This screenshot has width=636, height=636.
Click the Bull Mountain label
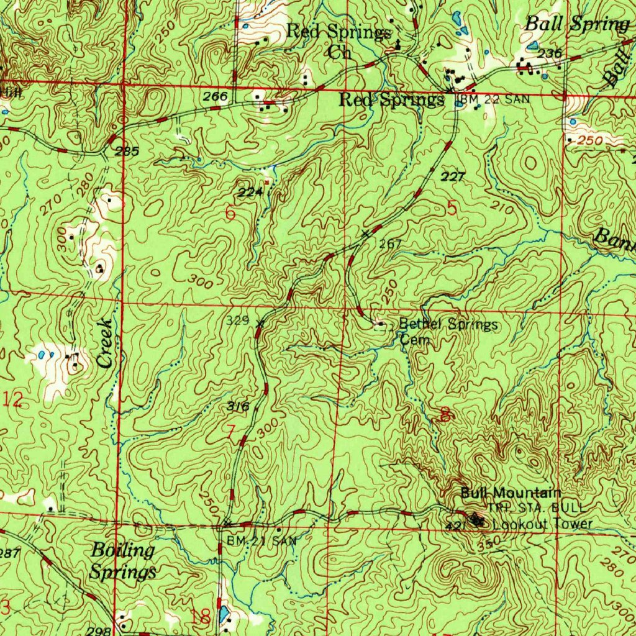pos(511,493)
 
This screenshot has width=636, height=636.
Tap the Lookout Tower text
pos(542,525)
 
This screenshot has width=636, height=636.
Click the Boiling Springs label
pos(122,561)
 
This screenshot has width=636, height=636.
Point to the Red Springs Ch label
pos(339,41)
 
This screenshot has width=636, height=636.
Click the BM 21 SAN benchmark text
pos(261,541)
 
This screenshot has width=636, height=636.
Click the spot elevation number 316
pos(238,407)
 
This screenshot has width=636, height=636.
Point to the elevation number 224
pos(250,192)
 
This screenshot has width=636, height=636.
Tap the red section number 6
pos(230,213)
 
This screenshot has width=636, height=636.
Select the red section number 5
pos(451,209)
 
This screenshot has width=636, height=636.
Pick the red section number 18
pos(201,617)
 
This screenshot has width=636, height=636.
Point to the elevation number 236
pos(550,53)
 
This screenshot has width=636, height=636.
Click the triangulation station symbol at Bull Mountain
pos(476,518)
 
